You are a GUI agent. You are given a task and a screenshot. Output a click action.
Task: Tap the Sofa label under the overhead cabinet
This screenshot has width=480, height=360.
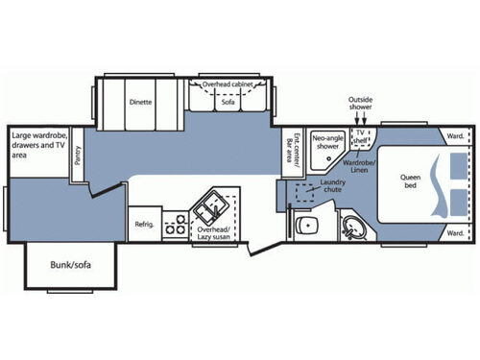tap(228, 101)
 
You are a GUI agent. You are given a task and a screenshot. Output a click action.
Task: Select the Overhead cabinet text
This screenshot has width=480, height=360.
tap(228, 84)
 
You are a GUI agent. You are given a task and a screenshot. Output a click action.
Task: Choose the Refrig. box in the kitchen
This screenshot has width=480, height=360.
tap(144, 225)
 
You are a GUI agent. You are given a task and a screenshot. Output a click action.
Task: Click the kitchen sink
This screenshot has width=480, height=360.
tap(208, 206)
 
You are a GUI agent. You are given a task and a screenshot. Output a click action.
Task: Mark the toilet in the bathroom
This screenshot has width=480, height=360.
tap(305, 227)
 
